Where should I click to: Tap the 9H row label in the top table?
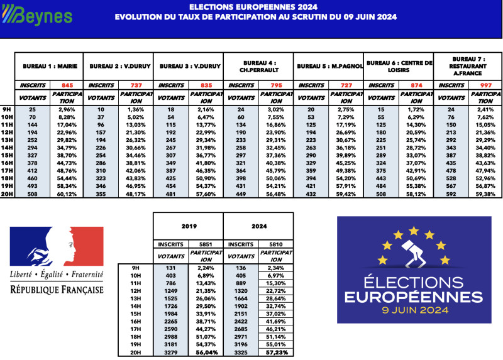pyautogui.click(x=7, y=109)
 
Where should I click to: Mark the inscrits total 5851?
pyautogui.click(x=206, y=244)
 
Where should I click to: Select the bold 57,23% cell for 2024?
pyautogui.click(x=275, y=352)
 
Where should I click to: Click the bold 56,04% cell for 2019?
pyautogui.click(x=206, y=352)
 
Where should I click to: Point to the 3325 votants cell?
pyautogui.click(x=241, y=352)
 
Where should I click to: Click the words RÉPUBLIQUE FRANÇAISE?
pyautogui.click(x=57, y=290)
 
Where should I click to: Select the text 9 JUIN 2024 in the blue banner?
pyautogui.click(x=409, y=310)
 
